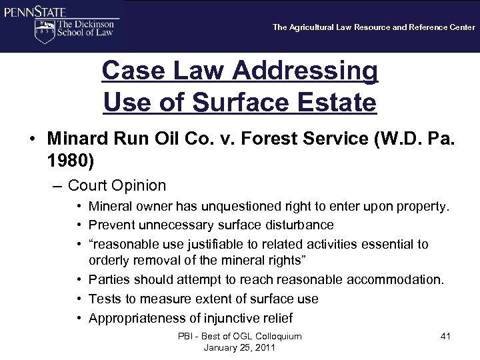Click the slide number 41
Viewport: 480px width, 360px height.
coord(445,337)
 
